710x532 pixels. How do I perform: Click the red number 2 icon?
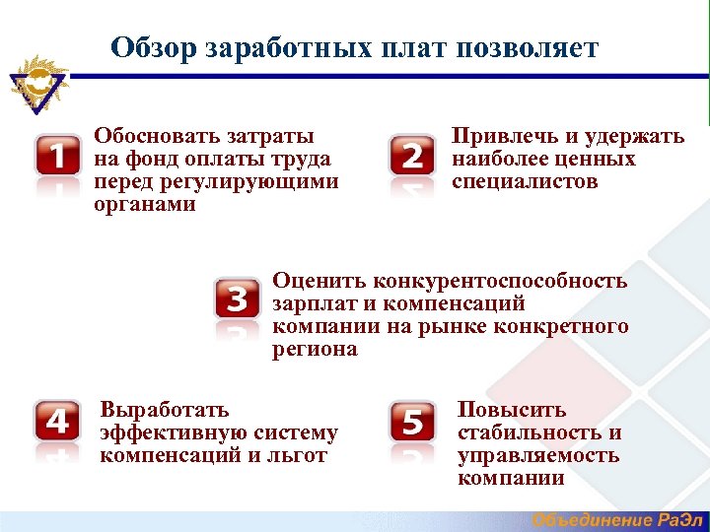click(412, 156)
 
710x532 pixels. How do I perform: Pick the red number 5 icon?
click(412, 423)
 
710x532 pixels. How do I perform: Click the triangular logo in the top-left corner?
click(36, 83)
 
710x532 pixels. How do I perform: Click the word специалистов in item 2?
click(525, 182)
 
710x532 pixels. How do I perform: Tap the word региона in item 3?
click(315, 350)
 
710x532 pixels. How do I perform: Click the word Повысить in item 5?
click(512, 409)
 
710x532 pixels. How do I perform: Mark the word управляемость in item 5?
click(538, 455)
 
